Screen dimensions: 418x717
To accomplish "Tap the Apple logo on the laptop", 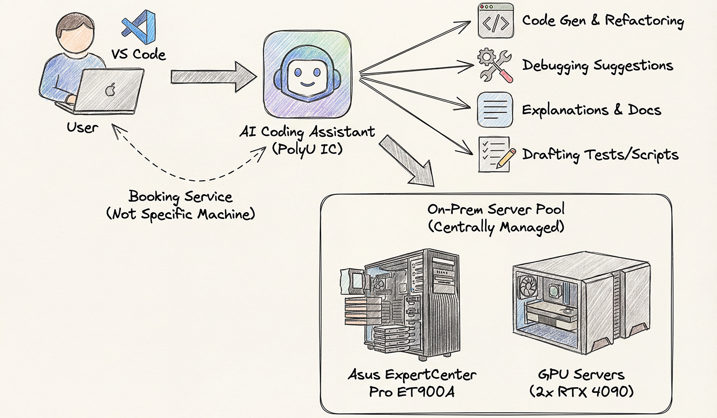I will (x=110, y=90).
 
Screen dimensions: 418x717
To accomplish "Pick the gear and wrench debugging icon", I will (x=495, y=65).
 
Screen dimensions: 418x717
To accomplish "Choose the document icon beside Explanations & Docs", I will (x=495, y=109).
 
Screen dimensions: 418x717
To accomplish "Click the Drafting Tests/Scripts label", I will (x=600, y=155).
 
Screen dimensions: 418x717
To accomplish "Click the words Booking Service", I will (x=181, y=198).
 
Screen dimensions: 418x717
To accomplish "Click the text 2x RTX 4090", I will (x=581, y=391).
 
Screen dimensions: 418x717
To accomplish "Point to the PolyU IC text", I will (x=306, y=148).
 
